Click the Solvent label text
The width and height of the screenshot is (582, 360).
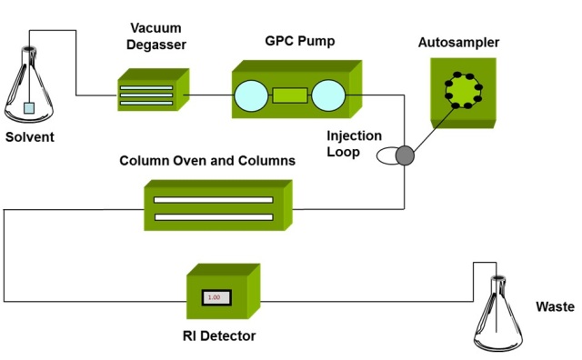[30, 137]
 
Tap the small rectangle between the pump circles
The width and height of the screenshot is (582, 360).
[290, 95]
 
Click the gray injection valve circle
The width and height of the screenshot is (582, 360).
[404, 155]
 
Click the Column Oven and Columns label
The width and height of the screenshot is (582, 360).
[207, 161]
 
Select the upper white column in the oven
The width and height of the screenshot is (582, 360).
[213, 199]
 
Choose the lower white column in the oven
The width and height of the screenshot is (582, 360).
[213, 216]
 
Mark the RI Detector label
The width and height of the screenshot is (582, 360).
[218, 336]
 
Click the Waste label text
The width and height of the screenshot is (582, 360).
[555, 306]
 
